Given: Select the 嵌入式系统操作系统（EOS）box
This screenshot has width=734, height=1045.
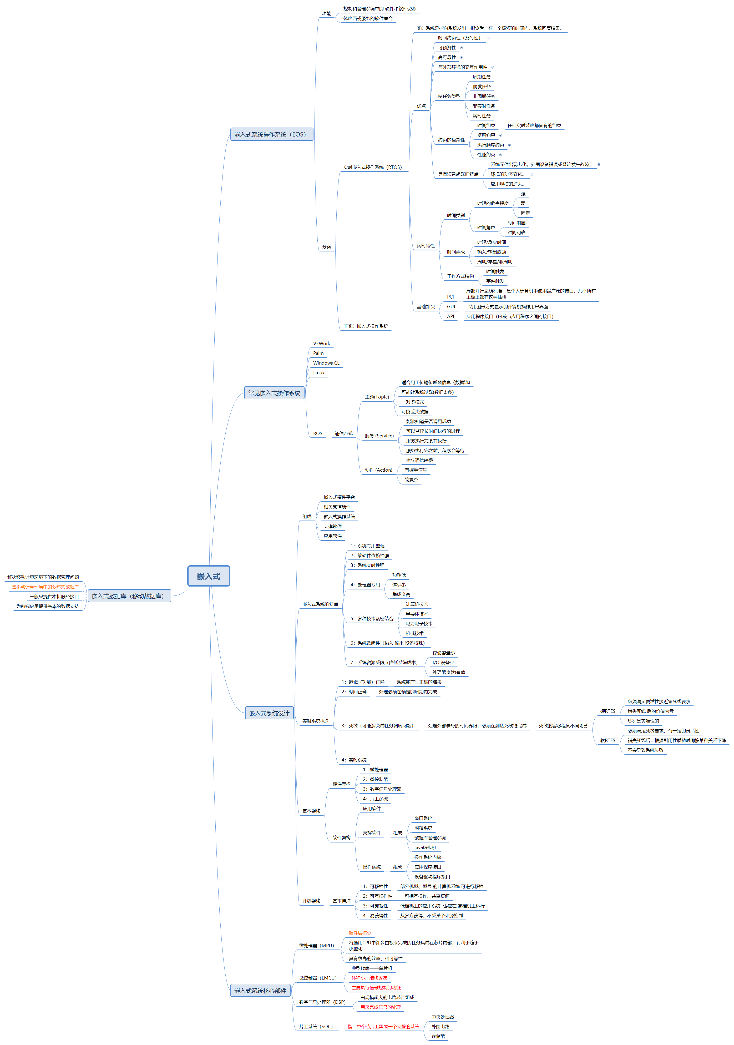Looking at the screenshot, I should (271, 134).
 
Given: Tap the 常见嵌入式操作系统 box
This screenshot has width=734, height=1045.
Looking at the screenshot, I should (274, 393).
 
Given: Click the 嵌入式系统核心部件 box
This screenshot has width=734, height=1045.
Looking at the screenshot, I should (260, 990).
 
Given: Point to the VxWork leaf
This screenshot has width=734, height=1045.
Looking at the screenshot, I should (321, 344).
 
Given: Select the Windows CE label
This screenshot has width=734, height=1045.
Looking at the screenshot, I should (326, 363).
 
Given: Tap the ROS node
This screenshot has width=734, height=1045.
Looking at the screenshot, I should (318, 433).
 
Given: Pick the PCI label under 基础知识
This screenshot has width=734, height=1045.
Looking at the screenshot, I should (450, 297).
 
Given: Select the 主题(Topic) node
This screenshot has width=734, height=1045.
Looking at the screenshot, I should (377, 397).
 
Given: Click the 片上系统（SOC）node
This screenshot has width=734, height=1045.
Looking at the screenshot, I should (316, 1026).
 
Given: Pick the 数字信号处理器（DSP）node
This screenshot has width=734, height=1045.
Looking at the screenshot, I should (322, 1002).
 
